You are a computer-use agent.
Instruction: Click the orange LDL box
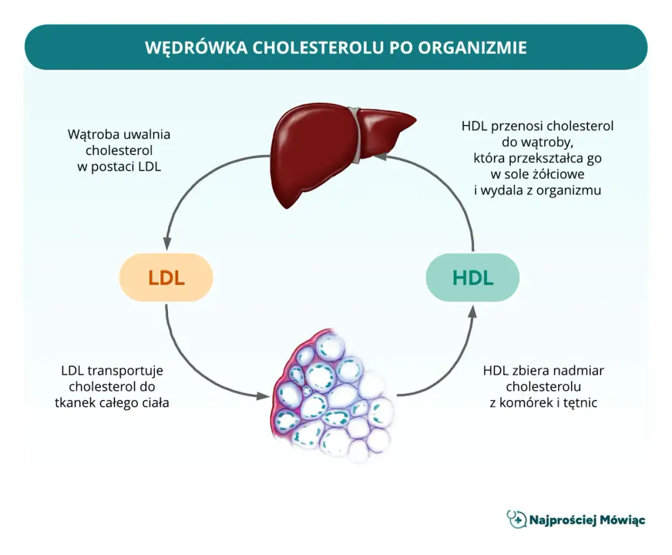point(166,277)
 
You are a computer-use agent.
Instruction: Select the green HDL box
point(472,277)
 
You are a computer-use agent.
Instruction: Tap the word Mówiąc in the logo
point(622,520)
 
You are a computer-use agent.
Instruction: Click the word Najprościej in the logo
point(562,520)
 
